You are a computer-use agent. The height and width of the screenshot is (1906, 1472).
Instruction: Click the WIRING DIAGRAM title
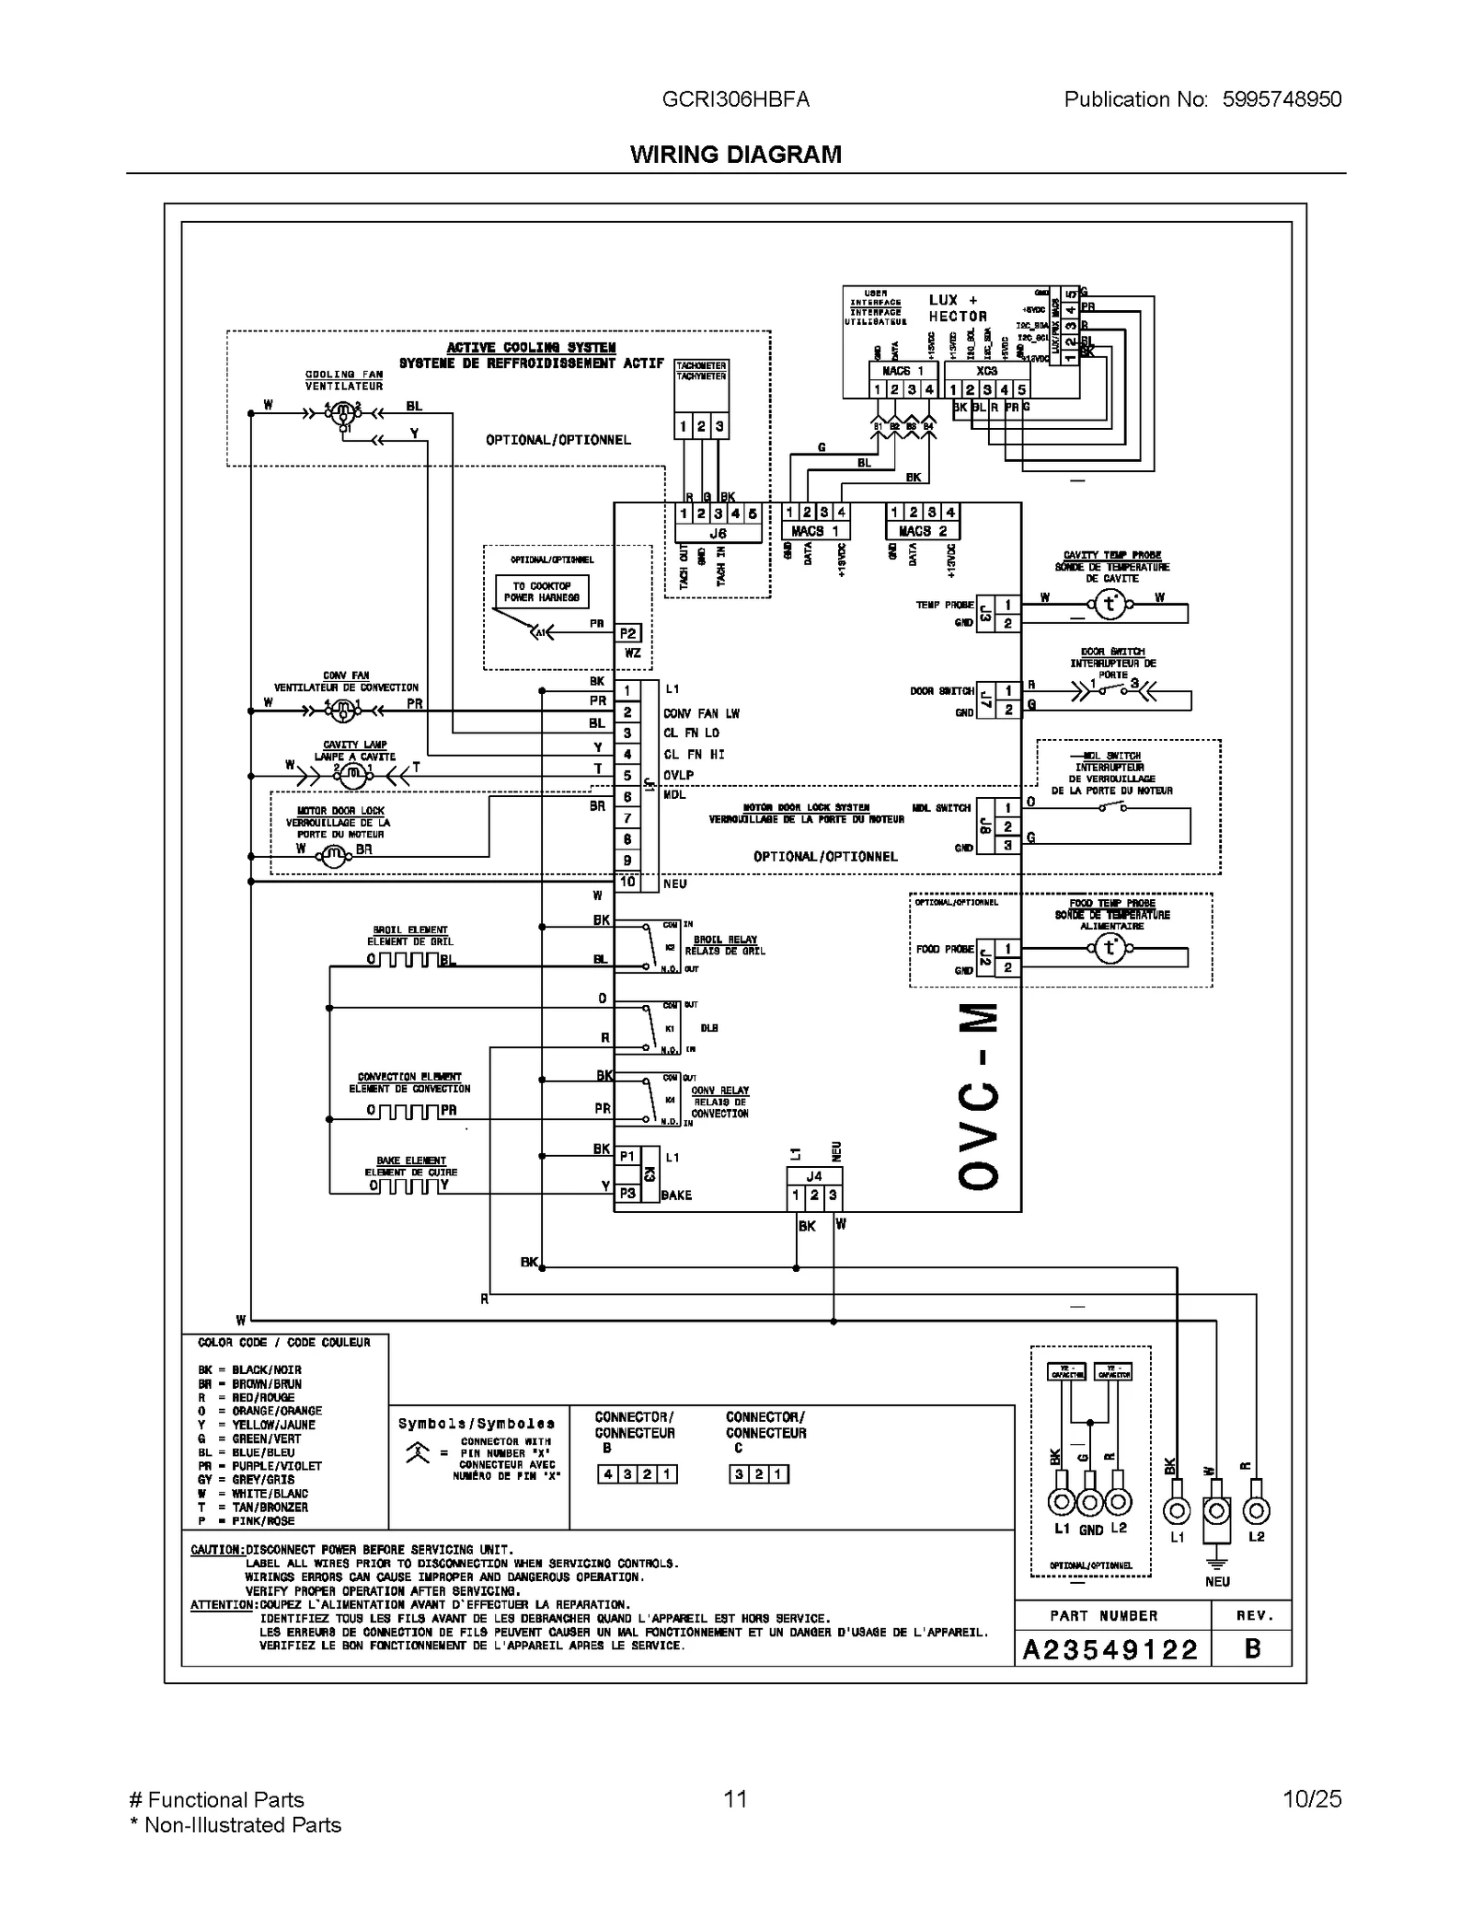pos(735,155)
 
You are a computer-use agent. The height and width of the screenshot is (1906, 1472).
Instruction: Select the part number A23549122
pos(1110,1650)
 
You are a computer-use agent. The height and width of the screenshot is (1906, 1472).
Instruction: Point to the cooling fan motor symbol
pos(343,413)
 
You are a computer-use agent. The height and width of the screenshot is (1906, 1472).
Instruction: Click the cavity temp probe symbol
pos(1110,605)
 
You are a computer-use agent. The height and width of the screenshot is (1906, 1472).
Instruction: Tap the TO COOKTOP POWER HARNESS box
pos(542,592)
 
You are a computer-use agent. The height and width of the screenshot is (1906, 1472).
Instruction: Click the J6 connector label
pos(718,533)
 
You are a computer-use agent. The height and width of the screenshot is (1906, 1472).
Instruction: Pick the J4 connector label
pos(813,1176)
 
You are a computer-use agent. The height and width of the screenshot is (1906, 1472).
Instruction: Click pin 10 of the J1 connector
pos(627,882)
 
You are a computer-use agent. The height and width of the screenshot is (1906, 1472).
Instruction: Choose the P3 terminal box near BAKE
pos(627,1193)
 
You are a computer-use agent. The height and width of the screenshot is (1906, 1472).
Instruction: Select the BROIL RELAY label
pos(726,940)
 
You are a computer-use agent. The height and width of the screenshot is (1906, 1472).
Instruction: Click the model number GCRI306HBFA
pos(736,99)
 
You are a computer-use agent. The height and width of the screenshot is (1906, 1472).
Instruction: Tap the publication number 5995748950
pos(1282,99)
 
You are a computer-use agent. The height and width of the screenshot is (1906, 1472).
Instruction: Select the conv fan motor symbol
pos(342,710)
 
